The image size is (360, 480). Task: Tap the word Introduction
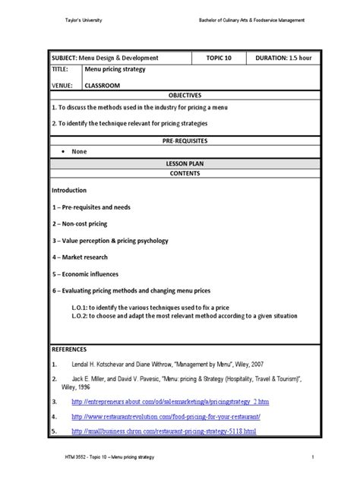pos(69,190)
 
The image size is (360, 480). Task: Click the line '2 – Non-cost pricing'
pos(80,223)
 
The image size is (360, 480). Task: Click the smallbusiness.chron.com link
pos(164,431)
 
